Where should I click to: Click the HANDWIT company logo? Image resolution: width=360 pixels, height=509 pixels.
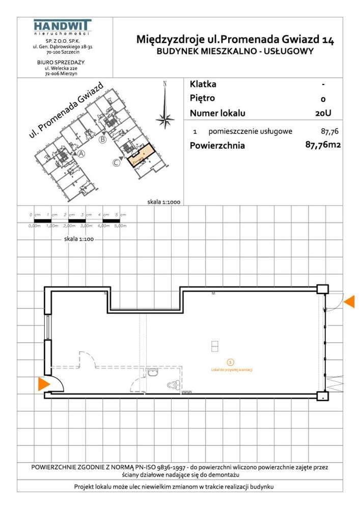(62, 26)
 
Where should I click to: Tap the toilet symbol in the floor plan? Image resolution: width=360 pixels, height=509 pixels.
(173, 386)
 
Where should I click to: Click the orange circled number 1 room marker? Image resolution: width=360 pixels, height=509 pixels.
(231, 362)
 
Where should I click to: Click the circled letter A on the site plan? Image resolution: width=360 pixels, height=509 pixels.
(81, 155)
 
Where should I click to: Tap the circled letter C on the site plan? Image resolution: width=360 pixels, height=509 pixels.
(116, 163)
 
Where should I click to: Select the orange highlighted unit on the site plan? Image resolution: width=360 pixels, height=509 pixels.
(139, 155)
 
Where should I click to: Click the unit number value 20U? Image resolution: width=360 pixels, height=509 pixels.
(323, 114)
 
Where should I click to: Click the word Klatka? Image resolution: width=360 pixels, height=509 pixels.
(203, 84)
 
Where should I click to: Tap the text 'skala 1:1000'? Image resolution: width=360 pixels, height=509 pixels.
(164, 202)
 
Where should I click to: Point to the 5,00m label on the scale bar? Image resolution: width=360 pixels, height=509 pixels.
(120, 225)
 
